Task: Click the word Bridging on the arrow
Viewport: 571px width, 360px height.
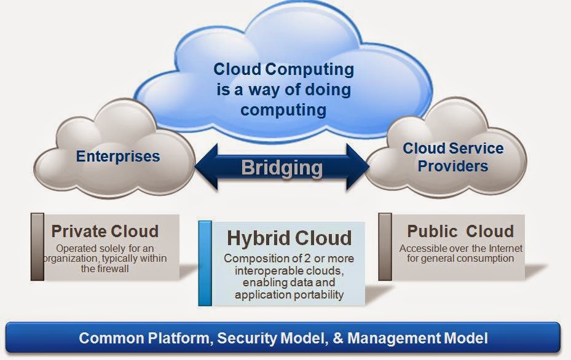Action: click(x=282, y=168)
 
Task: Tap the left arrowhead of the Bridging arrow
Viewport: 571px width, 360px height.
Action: click(x=207, y=166)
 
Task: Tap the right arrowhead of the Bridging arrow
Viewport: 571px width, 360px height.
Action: click(x=358, y=166)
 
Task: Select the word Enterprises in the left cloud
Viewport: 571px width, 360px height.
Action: click(x=118, y=156)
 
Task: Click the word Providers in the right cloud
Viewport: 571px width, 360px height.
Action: click(x=452, y=166)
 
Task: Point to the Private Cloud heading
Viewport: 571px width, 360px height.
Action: click(x=105, y=231)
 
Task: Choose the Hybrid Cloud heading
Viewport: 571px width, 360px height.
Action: click(x=289, y=238)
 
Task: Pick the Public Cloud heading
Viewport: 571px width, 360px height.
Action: click(x=460, y=231)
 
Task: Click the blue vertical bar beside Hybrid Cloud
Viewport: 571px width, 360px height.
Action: click(x=205, y=263)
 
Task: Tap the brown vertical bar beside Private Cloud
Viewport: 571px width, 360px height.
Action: click(x=37, y=247)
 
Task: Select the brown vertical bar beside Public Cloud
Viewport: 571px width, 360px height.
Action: click(x=385, y=247)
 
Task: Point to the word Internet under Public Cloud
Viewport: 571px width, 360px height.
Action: click(x=505, y=248)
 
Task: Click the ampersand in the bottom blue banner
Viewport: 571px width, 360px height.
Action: click(x=338, y=338)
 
